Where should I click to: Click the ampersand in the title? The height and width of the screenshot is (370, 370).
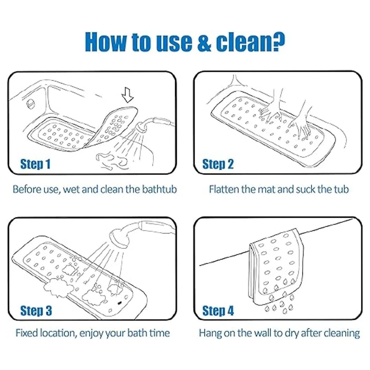204,42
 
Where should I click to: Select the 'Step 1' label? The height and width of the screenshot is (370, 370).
35,164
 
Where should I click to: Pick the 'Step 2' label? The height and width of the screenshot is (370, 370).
218,164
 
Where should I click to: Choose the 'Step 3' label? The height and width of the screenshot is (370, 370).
36,310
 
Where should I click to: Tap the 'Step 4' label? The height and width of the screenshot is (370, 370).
218,310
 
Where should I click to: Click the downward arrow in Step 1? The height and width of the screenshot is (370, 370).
127,95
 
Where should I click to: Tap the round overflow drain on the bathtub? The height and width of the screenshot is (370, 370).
30,105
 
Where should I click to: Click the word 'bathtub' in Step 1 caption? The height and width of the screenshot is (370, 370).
159,189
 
